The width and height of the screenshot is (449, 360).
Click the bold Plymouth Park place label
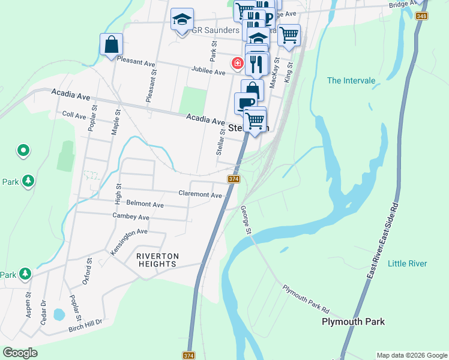(353, 322)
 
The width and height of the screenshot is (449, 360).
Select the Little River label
(408, 263)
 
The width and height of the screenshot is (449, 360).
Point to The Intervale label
(351, 80)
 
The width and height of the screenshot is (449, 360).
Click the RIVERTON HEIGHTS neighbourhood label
(157, 260)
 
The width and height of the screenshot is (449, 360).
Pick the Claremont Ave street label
(200, 194)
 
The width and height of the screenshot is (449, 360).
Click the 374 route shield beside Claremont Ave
(234, 179)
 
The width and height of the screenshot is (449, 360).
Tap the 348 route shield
(423, 16)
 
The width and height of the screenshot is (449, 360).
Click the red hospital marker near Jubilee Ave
(238, 62)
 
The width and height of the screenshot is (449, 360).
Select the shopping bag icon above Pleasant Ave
(111, 44)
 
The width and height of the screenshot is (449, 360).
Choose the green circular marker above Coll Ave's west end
(23, 150)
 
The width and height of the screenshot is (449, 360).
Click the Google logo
(20, 352)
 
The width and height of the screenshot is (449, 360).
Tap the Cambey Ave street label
(131, 216)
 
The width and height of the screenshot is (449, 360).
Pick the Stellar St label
(220, 142)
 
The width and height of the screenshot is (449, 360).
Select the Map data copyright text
(412, 355)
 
